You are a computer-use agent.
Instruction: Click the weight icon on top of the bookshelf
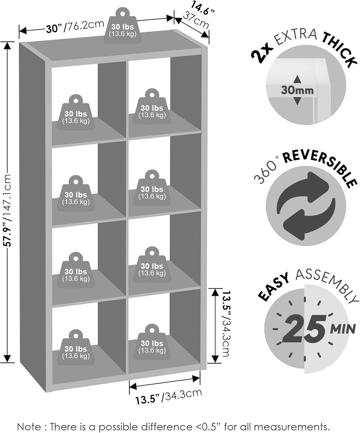(x=123, y=27)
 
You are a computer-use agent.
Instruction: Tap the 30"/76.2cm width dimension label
(x=75, y=27)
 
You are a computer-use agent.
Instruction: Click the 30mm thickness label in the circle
(x=297, y=90)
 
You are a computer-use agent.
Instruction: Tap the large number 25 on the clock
(x=304, y=329)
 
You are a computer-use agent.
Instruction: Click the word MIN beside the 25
(x=343, y=329)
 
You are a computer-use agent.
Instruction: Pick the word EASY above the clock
(x=273, y=287)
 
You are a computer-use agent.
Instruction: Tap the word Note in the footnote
(x=29, y=427)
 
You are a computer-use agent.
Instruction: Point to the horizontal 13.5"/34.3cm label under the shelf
(x=168, y=397)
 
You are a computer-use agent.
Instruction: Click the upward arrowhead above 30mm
(x=297, y=79)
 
